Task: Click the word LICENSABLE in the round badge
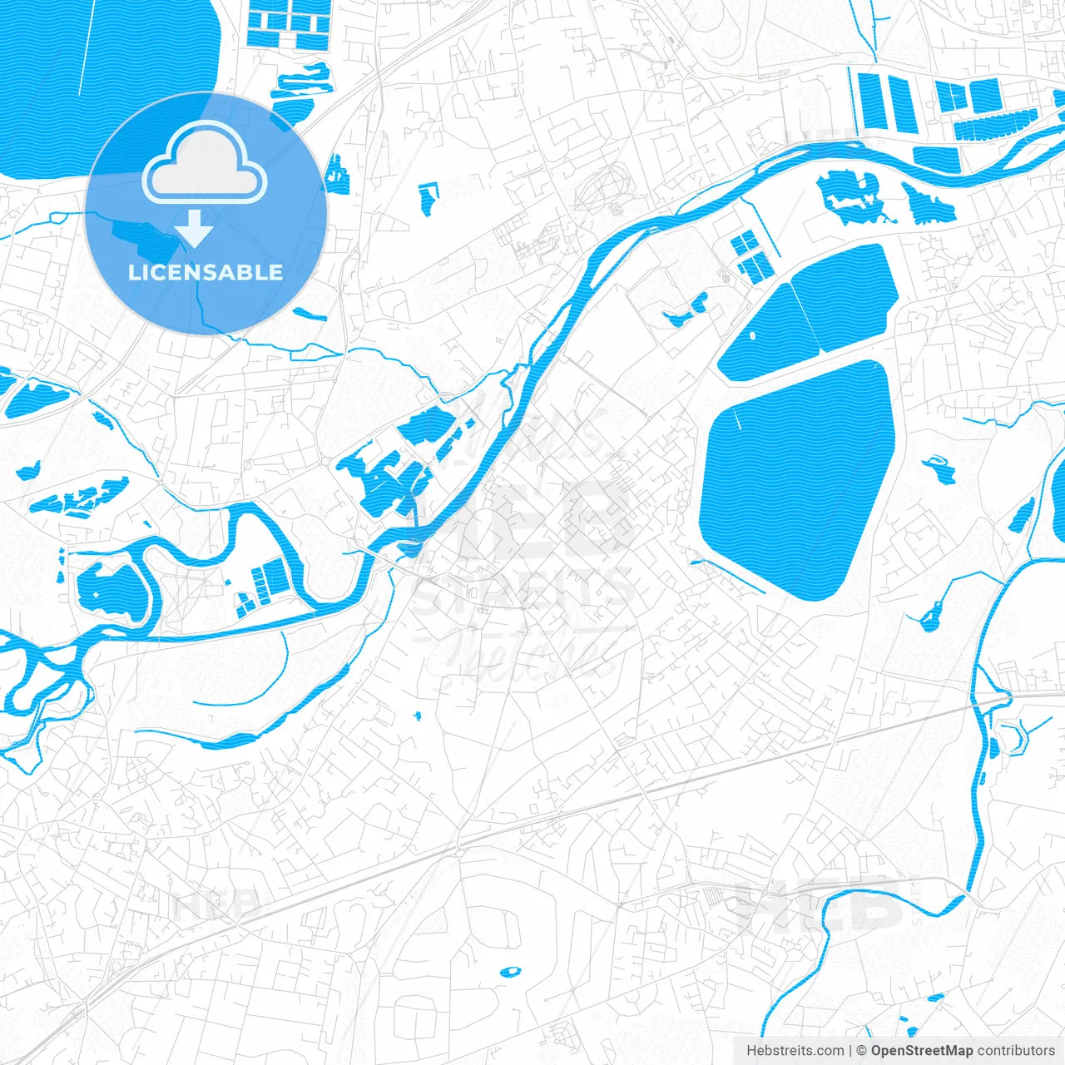point(206,273)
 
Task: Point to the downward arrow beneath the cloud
point(195,230)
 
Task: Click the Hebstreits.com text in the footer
point(795,1051)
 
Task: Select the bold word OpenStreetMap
point(921,1051)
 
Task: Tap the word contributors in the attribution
point(1016,1051)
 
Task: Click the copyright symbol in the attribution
point(862,1051)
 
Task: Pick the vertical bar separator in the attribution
point(850,1051)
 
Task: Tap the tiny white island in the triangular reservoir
point(753,336)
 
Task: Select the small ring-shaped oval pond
point(509,971)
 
